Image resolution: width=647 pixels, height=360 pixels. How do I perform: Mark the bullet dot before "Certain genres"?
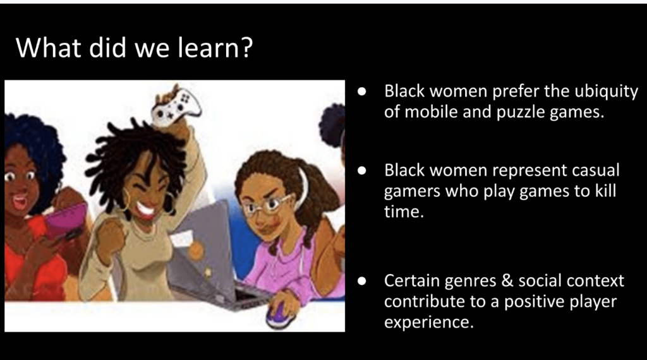click(x=362, y=280)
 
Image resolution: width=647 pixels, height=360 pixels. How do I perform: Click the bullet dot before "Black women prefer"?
click(x=362, y=91)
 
